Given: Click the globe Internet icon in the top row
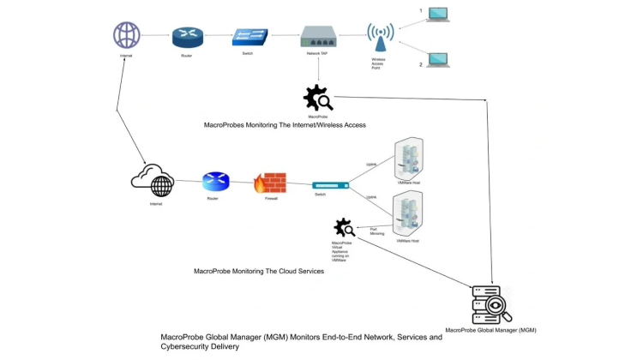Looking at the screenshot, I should click(127, 35).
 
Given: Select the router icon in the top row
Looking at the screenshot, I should click(186, 37).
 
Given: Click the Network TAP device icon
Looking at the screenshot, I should click(318, 37).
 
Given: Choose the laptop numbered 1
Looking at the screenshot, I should click(438, 15).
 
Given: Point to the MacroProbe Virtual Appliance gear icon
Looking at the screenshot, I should click(345, 229).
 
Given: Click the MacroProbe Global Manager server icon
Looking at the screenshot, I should click(490, 304).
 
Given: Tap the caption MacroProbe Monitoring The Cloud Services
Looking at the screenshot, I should click(259, 272).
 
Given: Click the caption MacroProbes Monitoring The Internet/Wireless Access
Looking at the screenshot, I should click(285, 125).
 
